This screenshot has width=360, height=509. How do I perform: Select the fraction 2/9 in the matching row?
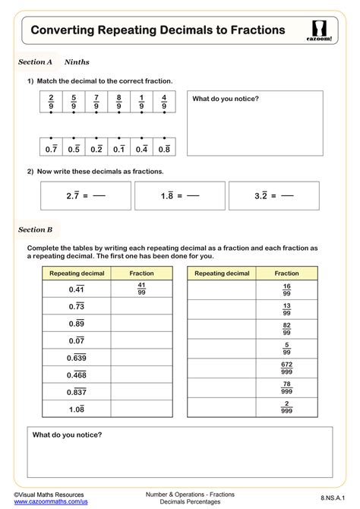51,102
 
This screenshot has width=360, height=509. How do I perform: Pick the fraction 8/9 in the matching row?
118,102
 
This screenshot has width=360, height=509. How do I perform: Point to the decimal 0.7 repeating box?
51,149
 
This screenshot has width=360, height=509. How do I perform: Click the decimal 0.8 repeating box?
164,149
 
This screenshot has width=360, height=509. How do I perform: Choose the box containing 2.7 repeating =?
85,195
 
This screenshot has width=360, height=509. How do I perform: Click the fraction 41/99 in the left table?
141,289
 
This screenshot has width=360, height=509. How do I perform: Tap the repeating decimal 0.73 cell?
76,306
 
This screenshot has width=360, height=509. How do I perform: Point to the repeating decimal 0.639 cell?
76,358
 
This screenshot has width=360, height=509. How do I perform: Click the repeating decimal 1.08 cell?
76,409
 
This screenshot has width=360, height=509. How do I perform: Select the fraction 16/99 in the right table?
286,289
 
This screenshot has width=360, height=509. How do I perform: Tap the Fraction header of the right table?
286,273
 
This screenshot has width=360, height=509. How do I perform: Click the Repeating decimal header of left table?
76,273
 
